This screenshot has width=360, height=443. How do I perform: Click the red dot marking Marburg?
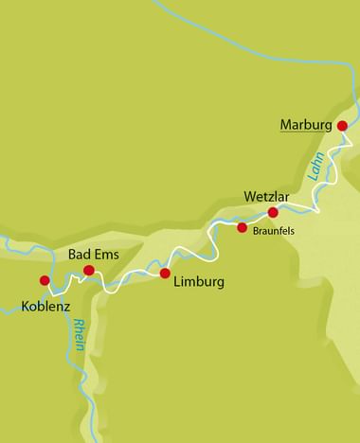(342, 124)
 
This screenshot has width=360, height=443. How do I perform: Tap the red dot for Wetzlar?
(273, 212)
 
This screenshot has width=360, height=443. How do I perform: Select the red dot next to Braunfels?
(242, 227)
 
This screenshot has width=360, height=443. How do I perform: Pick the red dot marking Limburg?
(165, 274)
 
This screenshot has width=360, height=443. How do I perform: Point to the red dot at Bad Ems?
(89, 271)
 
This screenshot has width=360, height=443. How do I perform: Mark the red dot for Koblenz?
(44, 280)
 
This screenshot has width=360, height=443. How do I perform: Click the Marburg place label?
(307, 124)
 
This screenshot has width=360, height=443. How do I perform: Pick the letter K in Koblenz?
(25, 307)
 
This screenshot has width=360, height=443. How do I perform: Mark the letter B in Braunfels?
(256, 230)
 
